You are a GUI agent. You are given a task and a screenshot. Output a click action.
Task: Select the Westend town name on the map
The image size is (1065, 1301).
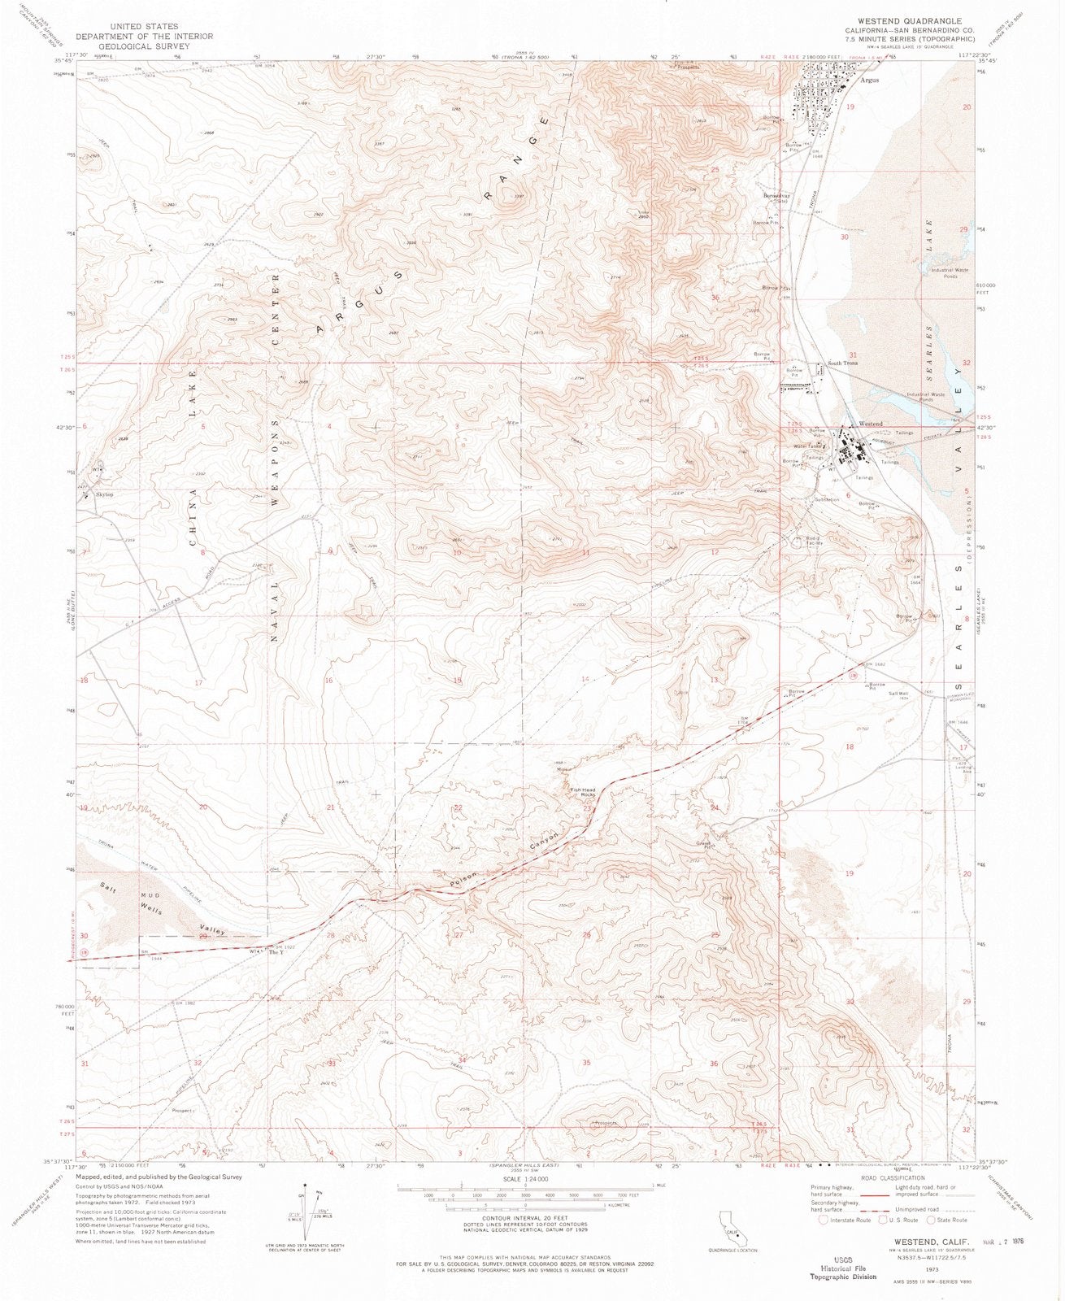pos(871,424)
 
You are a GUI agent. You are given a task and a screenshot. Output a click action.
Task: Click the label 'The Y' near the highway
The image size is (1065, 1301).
pos(276,953)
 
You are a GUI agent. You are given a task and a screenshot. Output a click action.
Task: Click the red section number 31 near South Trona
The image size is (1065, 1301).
pos(853,355)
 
